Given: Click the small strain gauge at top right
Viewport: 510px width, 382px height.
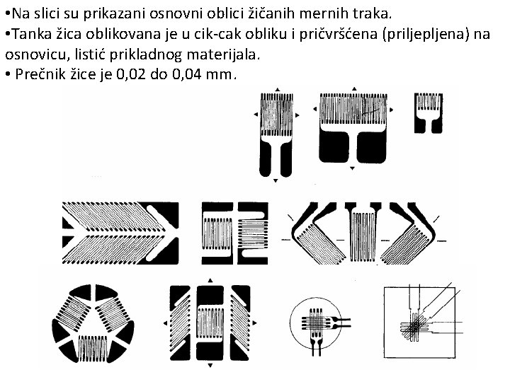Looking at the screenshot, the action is click(429, 113).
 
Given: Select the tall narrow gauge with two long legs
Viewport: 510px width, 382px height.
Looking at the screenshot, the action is click(276, 135).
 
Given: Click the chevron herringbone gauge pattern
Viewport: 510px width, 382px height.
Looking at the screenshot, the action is click(120, 233).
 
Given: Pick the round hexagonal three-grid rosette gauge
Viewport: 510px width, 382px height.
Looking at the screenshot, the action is click(93, 324).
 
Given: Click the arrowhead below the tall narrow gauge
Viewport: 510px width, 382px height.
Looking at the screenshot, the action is click(276, 180).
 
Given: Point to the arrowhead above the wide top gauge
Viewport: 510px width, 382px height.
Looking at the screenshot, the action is click(354, 88).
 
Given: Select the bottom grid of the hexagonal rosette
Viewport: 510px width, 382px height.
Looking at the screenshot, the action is click(93, 348).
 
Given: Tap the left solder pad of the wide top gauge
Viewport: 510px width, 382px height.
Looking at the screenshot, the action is click(334, 146).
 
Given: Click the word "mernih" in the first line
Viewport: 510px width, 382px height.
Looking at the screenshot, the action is click(320, 13).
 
